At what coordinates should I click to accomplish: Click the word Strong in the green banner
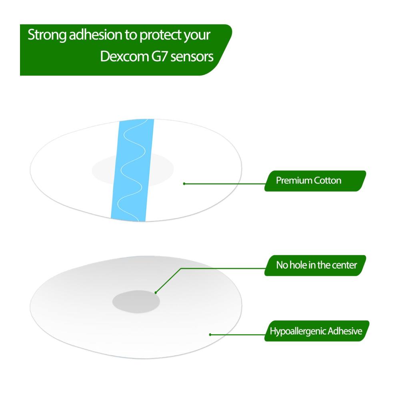coord(47,35)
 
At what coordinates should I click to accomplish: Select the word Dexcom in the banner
coord(124,56)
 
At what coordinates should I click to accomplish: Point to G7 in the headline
coord(160,56)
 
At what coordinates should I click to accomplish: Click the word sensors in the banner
coord(192,57)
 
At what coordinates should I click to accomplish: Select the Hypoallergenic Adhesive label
coord(317,331)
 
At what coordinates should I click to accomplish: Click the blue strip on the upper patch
coord(132,170)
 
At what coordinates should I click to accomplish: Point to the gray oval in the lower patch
coord(136,302)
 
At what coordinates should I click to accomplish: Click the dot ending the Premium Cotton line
coord(184,184)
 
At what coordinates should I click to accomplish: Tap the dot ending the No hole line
coord(156,293)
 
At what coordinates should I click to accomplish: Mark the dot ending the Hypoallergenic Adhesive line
coord(210,334)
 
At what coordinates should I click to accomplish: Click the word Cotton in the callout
coord(328,181)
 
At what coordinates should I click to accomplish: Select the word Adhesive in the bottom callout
coord(345,331)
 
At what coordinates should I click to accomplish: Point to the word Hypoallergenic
coord(298,332)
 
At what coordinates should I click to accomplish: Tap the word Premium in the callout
coord(294,181)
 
